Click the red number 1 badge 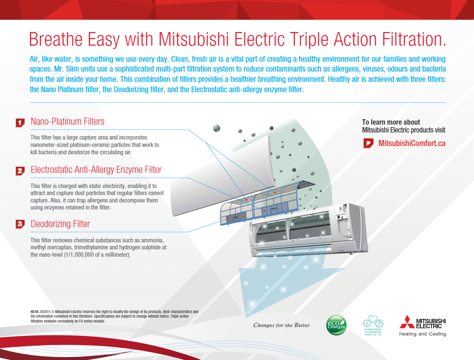tap(20, 123)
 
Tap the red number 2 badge tap(20, 171)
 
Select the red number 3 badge tap(20, 224)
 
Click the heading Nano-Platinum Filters tap(68, 121)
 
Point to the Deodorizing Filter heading tap(60, 224)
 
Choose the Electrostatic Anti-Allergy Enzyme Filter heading tap(96, 170)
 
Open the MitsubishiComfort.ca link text tap(412, 143)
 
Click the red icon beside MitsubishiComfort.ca tap(368, 143)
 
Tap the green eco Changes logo tap(336, 325)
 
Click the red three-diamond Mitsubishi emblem tap(407, 322)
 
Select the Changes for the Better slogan tap(281, 325)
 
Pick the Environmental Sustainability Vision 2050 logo tap(373, 325)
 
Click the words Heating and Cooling tap(422, 334)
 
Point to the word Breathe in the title tap(56, 39)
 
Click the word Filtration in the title tap(414, 39)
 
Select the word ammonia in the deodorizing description tap(151, 240)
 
